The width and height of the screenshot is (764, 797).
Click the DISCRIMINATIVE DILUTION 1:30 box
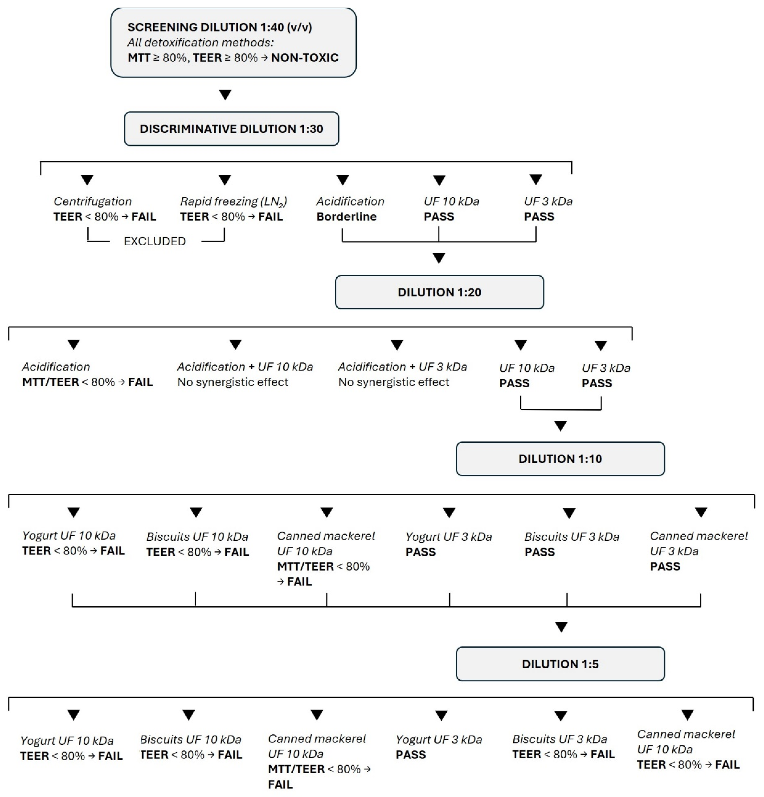tap(231, 129)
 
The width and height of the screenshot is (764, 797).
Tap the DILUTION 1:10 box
tap(560, 459)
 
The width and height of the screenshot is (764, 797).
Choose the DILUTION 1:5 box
tap(560, 664)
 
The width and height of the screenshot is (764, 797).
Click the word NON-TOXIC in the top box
tap(305, 58)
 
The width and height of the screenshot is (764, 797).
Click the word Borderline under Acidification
tap(346, 217)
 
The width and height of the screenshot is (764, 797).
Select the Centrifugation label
tap(93, 201)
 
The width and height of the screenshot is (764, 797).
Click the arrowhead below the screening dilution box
tap(225, 95)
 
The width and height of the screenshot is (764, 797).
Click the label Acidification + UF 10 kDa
tap(245, 367)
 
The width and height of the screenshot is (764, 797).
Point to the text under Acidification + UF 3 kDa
tap(394, 382)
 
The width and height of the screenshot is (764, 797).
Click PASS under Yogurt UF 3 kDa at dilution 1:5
tap(411, 755)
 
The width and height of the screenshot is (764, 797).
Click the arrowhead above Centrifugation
tap(87, 180)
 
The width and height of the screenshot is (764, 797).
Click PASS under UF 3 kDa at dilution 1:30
tap(539, 217)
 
